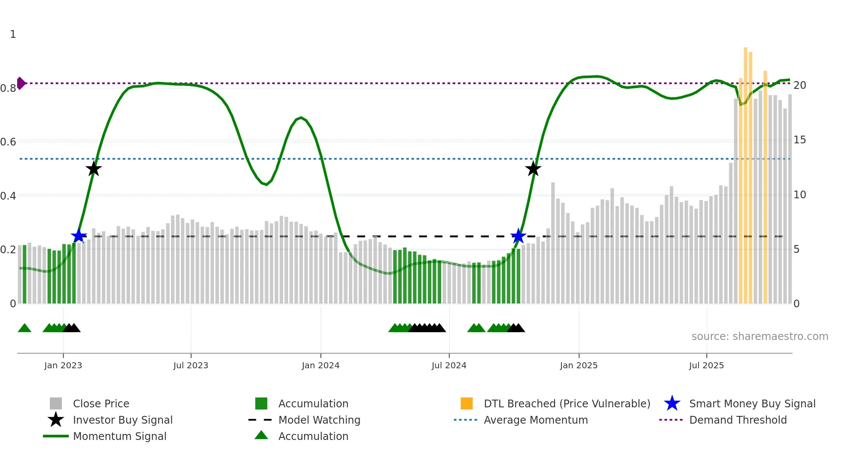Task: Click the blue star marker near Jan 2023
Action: (x=79, y=236)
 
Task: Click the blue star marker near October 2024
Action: (x=519, y=236)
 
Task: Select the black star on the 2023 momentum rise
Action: (x=94, y=169)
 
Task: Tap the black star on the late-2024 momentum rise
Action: (x=533, y=169)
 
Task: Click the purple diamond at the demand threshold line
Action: (x=21, y=83)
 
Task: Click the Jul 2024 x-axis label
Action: (x=449, y=365)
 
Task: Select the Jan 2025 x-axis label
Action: (x=579, y=365)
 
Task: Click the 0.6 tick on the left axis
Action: (x=8, y=142)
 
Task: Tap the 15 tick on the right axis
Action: (x=799, y=140)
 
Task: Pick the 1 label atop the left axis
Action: (x=13, y=34)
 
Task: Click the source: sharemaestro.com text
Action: (x=760, y=336)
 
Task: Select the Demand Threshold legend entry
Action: (x=738, y=420)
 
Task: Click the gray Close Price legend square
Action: (x=56, y=403)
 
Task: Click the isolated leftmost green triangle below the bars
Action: (x=24, y=328)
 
